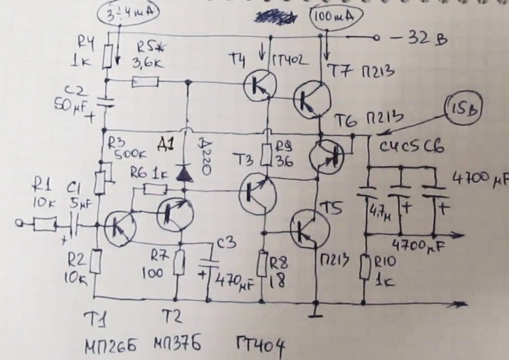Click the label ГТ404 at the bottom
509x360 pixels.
coord(260,346)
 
